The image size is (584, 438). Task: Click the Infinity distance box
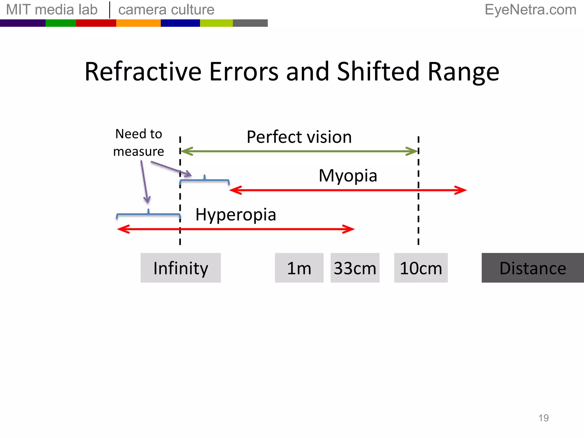(x=181, y=268)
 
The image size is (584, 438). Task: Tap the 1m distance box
(x=299, y=268)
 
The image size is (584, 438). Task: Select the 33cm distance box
(x=355, y=268)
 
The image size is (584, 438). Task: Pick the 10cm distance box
(x=421, y=268)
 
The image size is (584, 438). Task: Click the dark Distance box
(x=532, y=268)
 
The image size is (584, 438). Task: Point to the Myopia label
(x=348, y=175)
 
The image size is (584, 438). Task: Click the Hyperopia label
(x=236, y=214)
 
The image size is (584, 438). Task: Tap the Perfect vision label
(x=299, y=137)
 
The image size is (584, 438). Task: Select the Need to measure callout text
(x=139, y=143)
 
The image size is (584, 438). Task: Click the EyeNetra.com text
(x=530, y=10)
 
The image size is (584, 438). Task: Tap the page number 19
(x=544, y=418)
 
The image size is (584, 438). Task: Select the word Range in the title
(x=463, y=72)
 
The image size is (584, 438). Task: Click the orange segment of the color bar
(x=138, y=23)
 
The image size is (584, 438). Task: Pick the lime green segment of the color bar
(x=216, y=23)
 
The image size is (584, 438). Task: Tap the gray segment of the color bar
(x=250, y=23)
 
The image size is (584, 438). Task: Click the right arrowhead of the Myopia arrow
(x=462, y=190)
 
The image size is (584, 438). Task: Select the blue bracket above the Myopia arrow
(x=204, y=180)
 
